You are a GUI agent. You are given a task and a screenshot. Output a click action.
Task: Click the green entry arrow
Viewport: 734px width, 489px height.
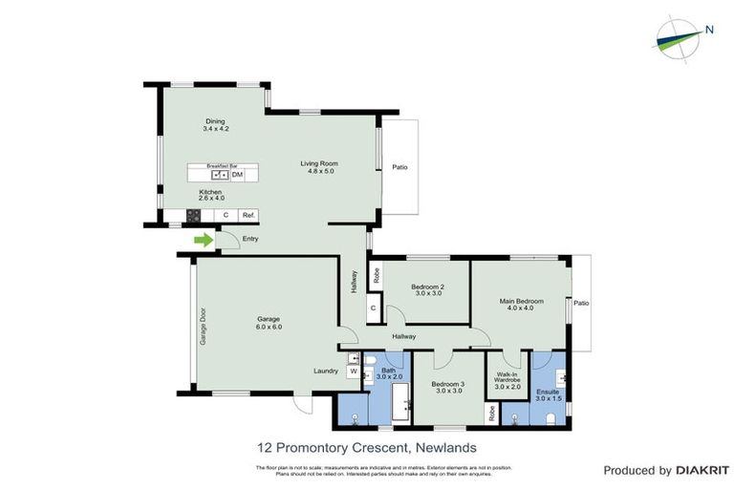click(203, 240)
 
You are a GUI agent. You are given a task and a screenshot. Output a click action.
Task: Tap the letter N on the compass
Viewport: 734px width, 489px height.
click(709, 29)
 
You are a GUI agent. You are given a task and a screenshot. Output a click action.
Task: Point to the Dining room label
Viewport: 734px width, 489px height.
click(215, 121)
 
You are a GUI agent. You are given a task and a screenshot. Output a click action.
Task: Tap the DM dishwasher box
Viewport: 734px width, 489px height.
click(237, 175)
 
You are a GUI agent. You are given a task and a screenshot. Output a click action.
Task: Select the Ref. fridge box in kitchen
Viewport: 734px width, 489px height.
click(247, 215)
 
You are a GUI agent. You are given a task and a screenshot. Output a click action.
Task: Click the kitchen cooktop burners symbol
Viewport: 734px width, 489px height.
click(193, 215)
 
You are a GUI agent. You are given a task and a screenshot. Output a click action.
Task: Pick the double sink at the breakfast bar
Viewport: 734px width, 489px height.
click(220, 175)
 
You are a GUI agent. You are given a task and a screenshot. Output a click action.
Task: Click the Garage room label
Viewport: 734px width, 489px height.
click(269, 319)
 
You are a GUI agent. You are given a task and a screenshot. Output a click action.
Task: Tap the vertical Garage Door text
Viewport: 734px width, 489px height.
click(202, 326)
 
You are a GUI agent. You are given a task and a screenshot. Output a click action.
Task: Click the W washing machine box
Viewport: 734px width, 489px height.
click(351, 372)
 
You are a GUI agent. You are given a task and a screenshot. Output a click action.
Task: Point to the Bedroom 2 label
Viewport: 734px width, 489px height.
click(427, 287)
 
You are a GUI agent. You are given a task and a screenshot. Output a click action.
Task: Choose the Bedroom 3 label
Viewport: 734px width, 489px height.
click(449, 384)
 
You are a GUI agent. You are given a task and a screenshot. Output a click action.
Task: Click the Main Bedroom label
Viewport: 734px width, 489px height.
click(522, 301)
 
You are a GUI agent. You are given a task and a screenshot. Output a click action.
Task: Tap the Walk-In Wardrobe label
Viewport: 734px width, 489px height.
click(507, 379)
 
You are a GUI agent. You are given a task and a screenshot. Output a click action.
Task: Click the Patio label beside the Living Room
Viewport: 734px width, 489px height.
click(399, 167)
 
